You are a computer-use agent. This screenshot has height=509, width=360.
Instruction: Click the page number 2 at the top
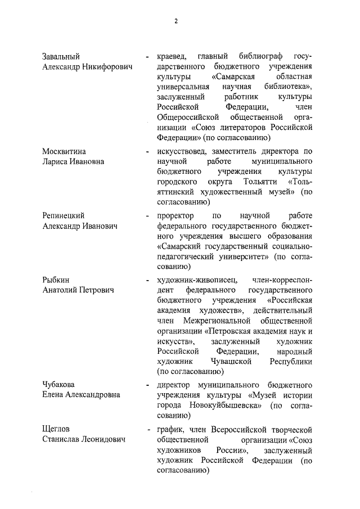(175, 21)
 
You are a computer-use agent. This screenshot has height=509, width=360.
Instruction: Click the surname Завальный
(61, 57)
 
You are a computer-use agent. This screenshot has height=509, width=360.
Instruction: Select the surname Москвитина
(65, 151)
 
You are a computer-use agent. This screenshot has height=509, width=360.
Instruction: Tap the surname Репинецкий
(65, 215)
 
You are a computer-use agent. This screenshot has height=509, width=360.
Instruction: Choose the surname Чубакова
(60, 385)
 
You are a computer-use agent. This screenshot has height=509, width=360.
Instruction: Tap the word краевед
(172, 57)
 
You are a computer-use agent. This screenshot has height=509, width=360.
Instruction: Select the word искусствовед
(180, 151)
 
